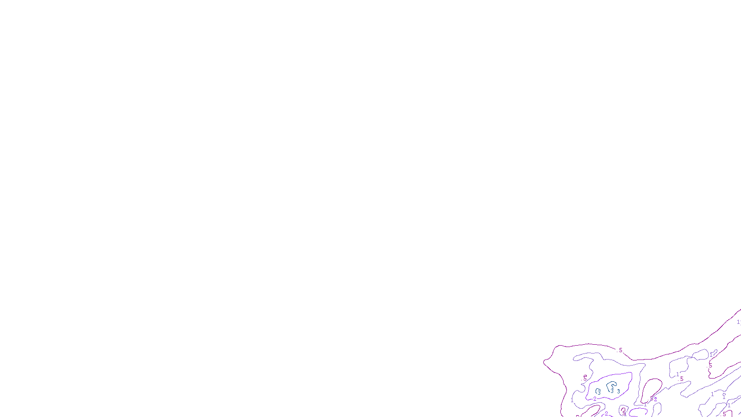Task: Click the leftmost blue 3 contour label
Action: (599, 392)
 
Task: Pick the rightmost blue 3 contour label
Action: (618, 392)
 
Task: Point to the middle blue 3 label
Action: (612, 391)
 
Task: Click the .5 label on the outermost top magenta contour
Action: (620, 350)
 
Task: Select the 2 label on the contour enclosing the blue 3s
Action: (595, 399)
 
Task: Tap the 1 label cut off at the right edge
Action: (738, 322)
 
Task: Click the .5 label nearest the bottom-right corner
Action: (724, 414)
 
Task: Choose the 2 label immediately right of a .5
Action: (655, 399)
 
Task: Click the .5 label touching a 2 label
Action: (651, 398)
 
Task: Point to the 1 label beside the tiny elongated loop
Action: (711, 355)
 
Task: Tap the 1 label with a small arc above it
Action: (724, 397)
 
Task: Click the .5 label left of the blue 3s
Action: (584, 378)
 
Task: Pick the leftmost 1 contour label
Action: (572, 400)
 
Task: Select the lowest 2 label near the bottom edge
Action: (606, 414)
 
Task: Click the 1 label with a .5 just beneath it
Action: (677, 374)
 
